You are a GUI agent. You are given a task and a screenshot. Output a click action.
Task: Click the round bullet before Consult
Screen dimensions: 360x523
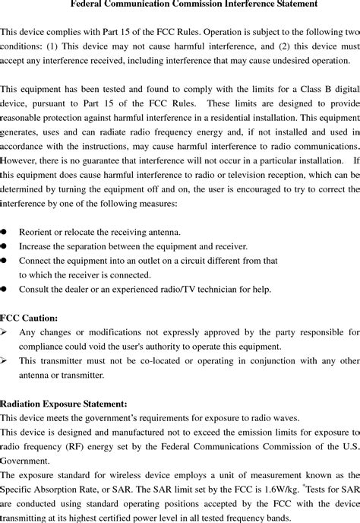point(4,289)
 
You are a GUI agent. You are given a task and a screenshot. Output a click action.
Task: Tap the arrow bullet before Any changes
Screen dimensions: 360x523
point(5,332)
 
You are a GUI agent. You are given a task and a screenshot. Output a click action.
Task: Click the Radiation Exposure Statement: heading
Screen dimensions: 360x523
point(64,403)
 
